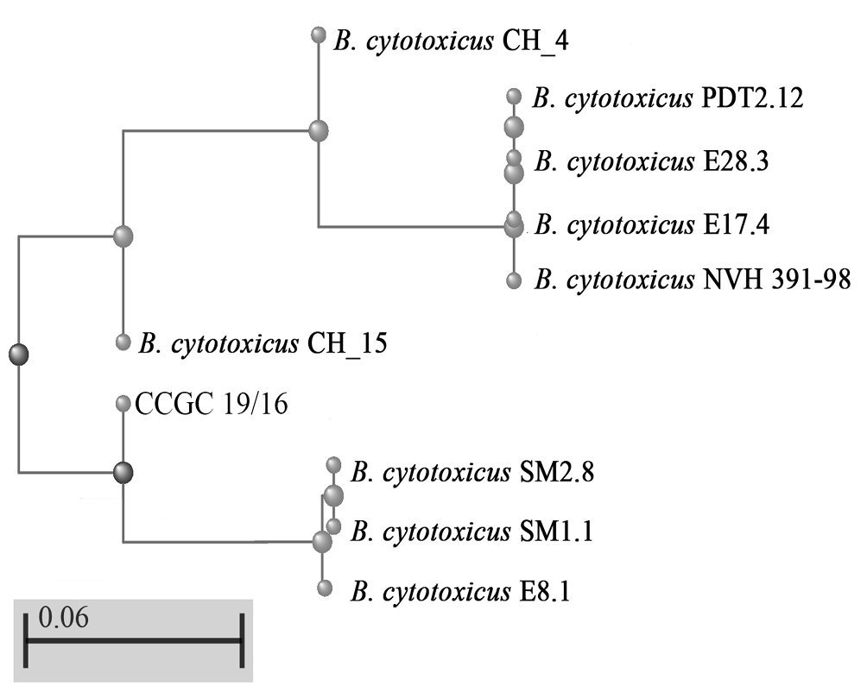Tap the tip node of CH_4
coord(319,35)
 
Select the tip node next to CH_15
coord(123,343)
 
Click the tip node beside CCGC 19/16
coord(123,403)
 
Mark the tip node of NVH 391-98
coord(515,280)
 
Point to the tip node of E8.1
coord(326,588)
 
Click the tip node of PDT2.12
coord(515,96)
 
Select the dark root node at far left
coord(18,353)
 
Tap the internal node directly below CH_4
coord(319,131)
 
